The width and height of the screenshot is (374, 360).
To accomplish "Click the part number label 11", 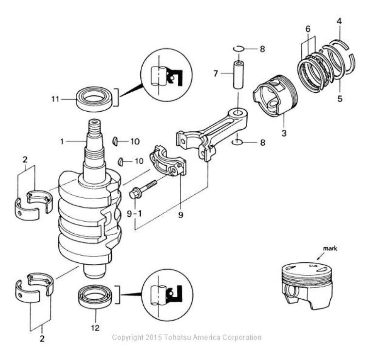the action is coord(55,99).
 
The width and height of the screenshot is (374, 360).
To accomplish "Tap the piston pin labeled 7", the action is coord(238,75).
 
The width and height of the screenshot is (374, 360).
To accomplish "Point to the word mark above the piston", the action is coord(330,249).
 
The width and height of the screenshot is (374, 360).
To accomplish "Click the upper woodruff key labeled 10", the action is coord(115,141).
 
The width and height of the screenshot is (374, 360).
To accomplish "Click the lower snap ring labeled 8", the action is coord(238,142).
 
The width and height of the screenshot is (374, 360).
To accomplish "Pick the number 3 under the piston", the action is coord(284,133).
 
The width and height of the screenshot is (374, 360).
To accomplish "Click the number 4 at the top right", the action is coord(339,21).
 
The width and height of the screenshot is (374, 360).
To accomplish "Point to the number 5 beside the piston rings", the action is coord(340,99).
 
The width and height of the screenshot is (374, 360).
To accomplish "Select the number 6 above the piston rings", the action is coord(308,29).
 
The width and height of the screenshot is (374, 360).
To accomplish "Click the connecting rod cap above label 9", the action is coord(168,161).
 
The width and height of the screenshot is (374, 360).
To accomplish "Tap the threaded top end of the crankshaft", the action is coord(95,127).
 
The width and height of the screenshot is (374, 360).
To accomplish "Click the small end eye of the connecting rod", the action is coord(238,113).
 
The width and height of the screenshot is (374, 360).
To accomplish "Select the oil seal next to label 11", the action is coord(94,99).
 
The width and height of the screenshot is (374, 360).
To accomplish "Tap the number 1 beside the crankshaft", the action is coord(62,141).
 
